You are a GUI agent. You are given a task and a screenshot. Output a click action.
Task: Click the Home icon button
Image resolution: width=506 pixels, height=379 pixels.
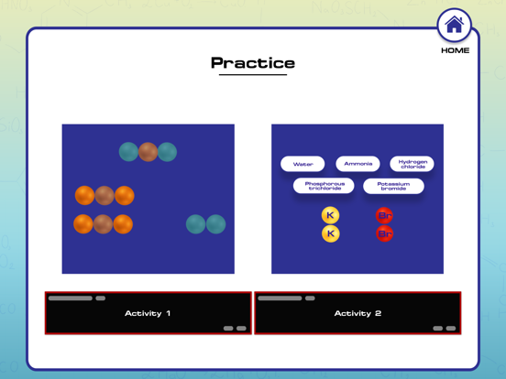tap(454, 25)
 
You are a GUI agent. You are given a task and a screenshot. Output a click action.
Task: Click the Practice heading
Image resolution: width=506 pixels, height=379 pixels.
tap(253, 63)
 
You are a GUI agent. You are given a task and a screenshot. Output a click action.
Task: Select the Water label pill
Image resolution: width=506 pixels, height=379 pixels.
tap(302, 164)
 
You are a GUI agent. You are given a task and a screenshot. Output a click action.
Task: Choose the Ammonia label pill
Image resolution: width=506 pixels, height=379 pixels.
tap(357, 164)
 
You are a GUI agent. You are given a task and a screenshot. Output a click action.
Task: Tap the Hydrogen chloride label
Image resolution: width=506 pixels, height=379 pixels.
tap(412, 164)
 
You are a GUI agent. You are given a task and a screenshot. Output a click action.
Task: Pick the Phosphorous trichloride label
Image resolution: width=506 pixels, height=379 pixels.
tap(324, 186)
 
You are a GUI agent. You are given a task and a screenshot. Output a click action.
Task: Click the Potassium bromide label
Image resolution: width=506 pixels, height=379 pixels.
tap(393, 186)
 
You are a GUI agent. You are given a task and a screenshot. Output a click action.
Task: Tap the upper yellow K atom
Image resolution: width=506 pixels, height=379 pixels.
tap(330, 215)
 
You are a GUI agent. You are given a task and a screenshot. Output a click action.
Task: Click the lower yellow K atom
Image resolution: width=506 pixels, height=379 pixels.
tap(330, 233)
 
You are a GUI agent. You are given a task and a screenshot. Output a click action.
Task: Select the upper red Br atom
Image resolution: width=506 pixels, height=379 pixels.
tap(384, 215)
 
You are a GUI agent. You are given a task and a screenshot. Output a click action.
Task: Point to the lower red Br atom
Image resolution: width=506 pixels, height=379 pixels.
tap(384, 233)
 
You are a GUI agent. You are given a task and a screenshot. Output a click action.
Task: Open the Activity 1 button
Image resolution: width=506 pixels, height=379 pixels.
tap(148, 313)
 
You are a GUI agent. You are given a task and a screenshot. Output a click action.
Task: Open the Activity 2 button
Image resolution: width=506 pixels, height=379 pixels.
tap(357, 313)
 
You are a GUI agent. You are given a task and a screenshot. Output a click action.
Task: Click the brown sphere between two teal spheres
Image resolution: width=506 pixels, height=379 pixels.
tap(148, 152)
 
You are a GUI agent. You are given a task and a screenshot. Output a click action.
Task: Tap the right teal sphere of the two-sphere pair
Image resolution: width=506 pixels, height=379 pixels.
tap(215, 224)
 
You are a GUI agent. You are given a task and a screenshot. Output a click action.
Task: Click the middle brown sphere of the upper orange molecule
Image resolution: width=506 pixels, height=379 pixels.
tap(104, 195)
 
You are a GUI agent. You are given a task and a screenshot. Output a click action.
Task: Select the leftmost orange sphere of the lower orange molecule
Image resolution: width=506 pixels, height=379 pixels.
tap(83, 224)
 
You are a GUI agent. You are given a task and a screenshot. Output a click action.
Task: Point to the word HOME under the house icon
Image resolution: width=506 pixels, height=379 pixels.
tap(456, 50)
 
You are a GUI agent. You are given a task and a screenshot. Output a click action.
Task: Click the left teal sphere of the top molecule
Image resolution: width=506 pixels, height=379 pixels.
tap(128, 152)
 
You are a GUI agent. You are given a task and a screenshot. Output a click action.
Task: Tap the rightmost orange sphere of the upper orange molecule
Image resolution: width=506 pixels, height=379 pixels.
tap(125, 195)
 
